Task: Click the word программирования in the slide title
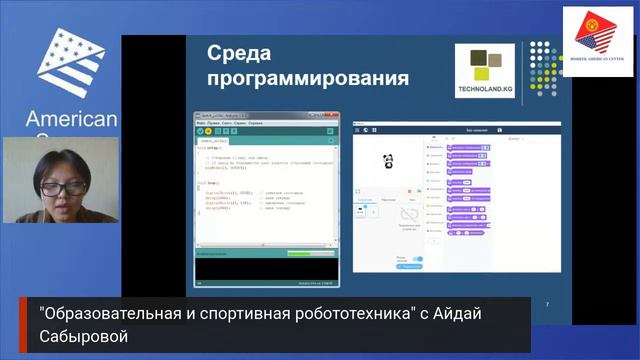pos(307,78)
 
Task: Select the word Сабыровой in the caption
pos(84,337)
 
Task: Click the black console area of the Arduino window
pos(266,269)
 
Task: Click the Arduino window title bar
pos(266,116)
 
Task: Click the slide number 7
pos(547,304)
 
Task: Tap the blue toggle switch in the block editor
pos(416,259)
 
